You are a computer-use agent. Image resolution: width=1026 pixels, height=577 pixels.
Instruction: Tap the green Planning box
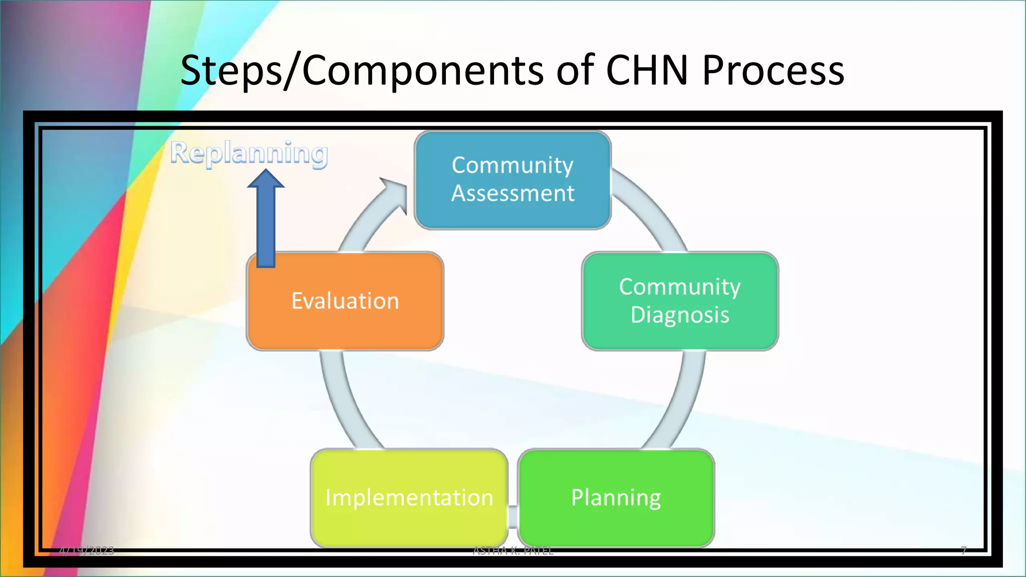point(616,498)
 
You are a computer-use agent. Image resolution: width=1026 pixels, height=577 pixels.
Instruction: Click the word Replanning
point(249,153)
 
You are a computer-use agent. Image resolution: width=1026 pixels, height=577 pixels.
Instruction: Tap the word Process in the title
point(773,70)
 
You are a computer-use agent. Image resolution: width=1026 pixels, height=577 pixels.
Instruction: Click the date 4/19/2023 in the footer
point(86,551)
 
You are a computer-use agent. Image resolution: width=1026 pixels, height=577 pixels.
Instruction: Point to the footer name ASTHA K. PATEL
point(513,551)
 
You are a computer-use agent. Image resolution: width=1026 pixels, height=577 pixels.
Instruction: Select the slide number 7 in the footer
point(963,550)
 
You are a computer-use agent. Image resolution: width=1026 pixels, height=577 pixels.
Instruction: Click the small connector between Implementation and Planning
point(512,516)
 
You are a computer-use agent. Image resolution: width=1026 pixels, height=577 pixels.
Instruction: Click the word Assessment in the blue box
point(512,193)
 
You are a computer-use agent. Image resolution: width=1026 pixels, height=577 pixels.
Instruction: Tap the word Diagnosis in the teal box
point(680,315)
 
